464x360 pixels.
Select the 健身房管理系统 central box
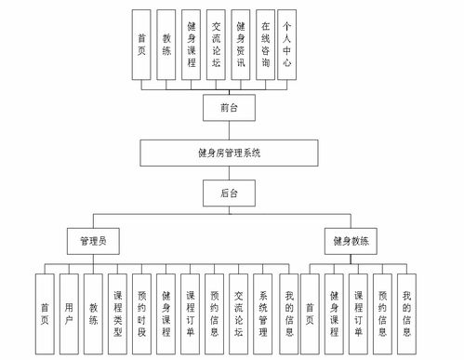point(228,152)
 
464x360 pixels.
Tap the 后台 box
point(229,193)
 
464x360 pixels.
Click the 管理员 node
point(92,241)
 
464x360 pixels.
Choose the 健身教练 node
point(351,241)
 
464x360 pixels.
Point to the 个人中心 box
point(287,44)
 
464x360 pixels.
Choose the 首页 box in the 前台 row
point(141,44)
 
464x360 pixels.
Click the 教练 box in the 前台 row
point(166,44)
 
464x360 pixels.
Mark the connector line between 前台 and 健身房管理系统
point(228,129)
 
